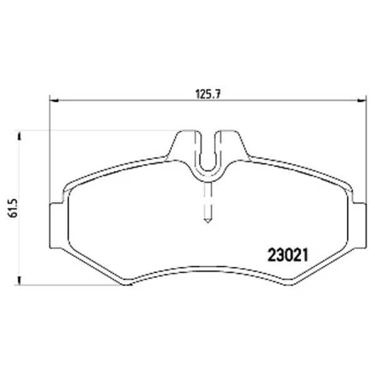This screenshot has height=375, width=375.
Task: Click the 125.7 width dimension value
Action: coord(207,94)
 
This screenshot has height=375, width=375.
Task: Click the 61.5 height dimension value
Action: coord(14,207)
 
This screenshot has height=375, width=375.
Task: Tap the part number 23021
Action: coord(288,255)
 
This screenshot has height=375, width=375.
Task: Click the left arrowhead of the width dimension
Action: coord(54,101)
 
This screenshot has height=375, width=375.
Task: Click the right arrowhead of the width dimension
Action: coord(362,101)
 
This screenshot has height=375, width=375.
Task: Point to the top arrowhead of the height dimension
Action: coord(19,136)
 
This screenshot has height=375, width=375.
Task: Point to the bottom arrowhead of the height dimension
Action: coord(19,280)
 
